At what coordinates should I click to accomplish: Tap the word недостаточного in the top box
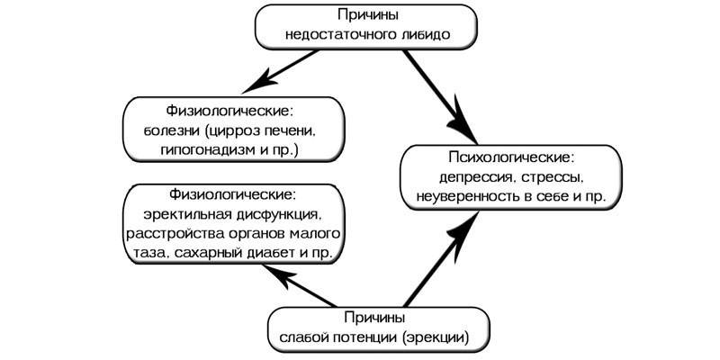click(x=338, y=37)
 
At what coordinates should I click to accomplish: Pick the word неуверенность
click(x=464, y=193)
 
